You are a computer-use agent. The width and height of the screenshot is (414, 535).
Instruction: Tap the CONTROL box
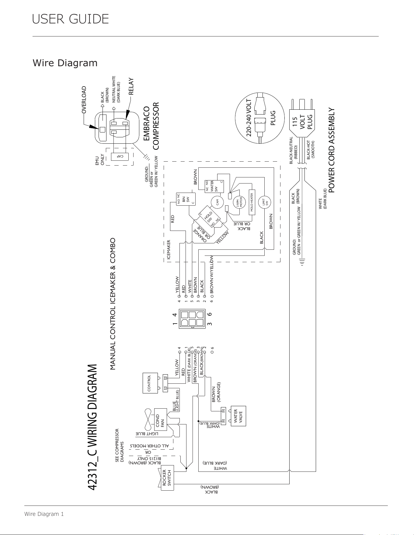coord(150,383)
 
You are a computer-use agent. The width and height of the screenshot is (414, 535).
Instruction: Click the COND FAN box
coord(160,420)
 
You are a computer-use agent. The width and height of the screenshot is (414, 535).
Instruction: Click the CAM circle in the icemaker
coord(217,202)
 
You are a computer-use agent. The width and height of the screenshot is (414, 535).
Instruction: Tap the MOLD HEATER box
coord(251,202)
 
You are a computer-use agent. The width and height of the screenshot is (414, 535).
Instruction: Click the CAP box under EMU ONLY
coord(120,156)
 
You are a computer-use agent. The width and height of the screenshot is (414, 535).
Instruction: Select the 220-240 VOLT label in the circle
coord(249,117)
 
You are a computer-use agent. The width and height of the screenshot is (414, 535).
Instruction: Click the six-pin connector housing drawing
coord(192,319)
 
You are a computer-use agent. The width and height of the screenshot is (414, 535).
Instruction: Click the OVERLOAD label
coord(84,100)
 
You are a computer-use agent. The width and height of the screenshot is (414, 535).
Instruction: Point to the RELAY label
coord(131,87)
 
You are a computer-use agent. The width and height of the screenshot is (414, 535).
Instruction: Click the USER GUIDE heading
coord(71,19)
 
